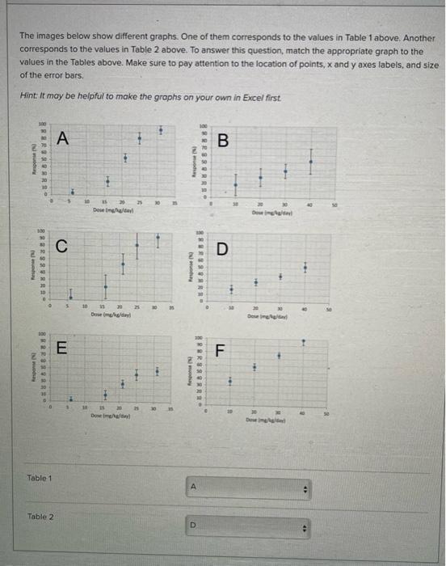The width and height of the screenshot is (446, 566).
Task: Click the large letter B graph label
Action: (x=224, y=142)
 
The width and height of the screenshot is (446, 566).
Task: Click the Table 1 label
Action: (x=40, y=478)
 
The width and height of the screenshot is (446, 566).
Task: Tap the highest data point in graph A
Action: (x=160, y=129)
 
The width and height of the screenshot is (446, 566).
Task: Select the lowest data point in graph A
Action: (x=70, y=192)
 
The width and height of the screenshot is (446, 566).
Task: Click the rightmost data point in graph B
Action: (x=311, y=161)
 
